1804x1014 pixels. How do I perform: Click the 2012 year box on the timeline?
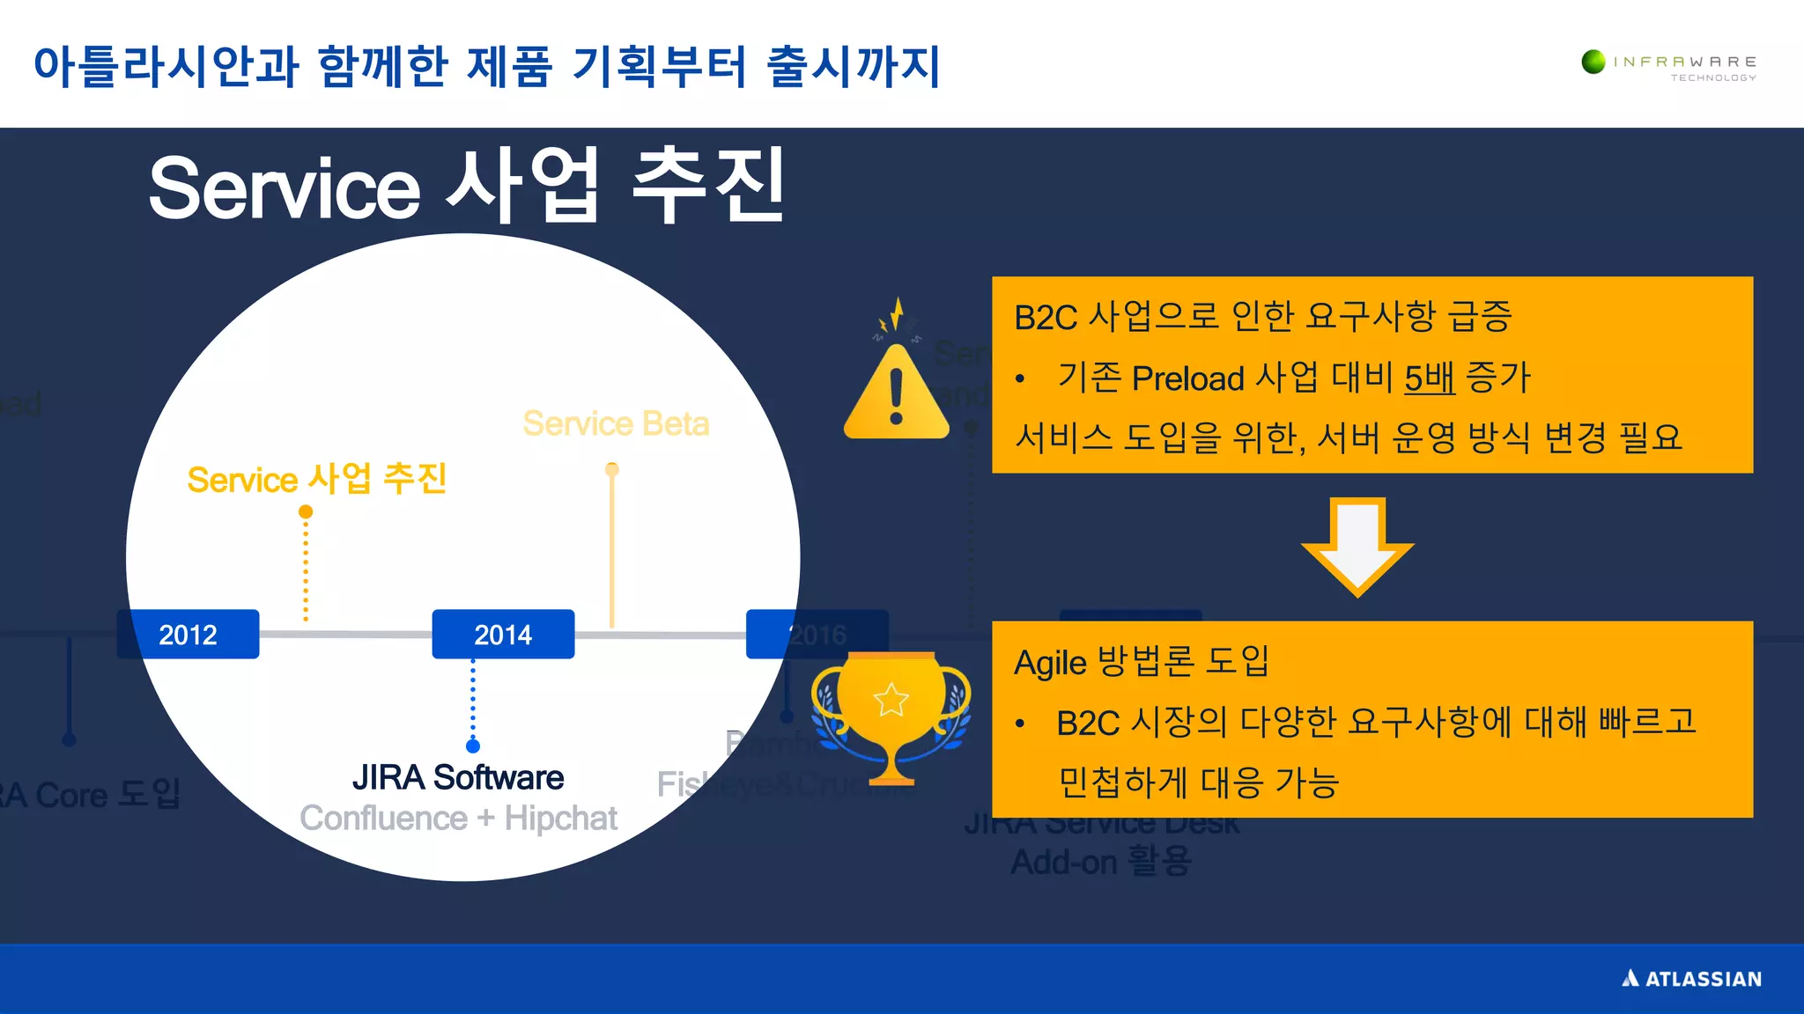pyautogui.click(x=188, y=634)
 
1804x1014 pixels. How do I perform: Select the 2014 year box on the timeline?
pyautogui.click(x=503, y=634)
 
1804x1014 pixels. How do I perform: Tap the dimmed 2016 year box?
pyautogui.click(x=817, y=634)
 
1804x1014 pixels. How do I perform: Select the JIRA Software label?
pyautogui.click(x=457, y=777)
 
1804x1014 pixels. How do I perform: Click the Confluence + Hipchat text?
pyautogui.click(x=458, y=819)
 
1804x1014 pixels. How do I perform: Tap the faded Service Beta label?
pyautogui.click(x=616, y=423)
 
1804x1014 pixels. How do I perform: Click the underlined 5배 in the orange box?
pyautogui.click(x=1429, y=378)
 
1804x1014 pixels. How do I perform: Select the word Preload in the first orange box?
pyautogui.click(x=1187, y=378)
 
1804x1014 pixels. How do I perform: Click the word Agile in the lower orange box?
pyautogui.click(x=1050, y=662)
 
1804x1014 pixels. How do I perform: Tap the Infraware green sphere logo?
pyautogui.click(x=1593, y=62)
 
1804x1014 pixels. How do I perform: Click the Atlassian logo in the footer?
pyautogui.click(x=1691, y=979)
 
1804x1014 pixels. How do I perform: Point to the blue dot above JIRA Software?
pyautogui.click(x=473, y=746)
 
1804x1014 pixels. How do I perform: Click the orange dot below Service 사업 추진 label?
pyautogui.click(x=306, y=511)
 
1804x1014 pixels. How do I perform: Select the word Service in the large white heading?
pyautogui.click(x=284, y=188)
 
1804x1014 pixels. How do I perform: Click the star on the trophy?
pyautogui.click(x=891, y=700)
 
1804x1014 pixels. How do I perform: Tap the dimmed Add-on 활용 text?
pyautogui.click(x=1100, y=862)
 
